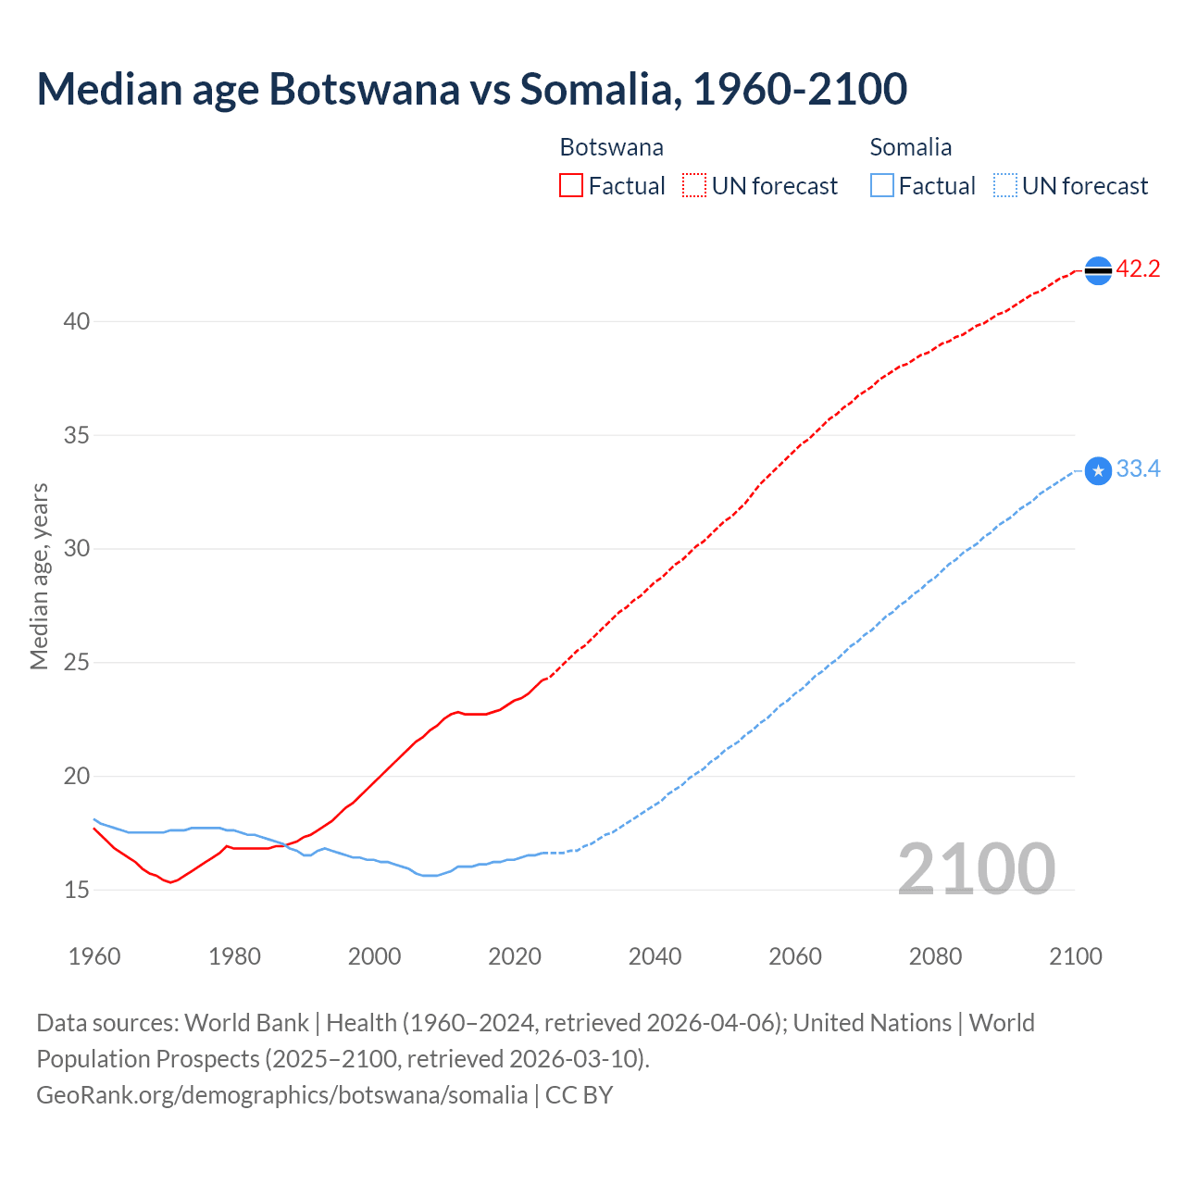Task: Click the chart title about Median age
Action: click(471, 89)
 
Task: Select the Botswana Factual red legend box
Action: click(571, 185)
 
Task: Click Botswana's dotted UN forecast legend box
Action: click(694, 185)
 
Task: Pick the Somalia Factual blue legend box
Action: click(881, 185)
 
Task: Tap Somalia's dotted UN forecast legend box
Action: click(1004, 185)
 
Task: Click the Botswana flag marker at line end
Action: click(1098, 270)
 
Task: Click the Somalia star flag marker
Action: click(1098, 471)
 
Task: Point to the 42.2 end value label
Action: click(1138, 269)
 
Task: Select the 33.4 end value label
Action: click(1138, 469)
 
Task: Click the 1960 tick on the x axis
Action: click(94, 956)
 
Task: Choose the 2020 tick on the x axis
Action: click(515, 956)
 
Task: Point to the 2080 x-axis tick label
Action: click(935, 956)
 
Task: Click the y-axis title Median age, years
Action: click(39, 576)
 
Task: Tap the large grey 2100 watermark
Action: click(976, 868)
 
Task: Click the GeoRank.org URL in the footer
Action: click(281, 1095)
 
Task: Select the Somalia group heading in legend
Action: click(910, 147)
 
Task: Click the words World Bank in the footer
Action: click(246, 1023)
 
